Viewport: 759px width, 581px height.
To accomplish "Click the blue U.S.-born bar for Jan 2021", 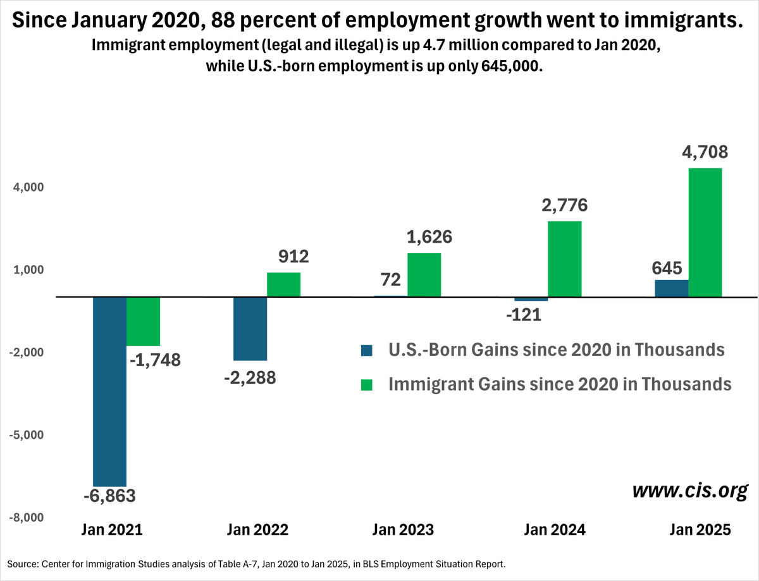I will tap(109, 391).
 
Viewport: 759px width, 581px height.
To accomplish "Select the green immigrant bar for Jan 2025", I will tap(705, 232).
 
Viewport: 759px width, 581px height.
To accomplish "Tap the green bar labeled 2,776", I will tap(564, 259).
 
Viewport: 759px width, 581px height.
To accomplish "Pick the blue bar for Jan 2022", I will tap(250, 328).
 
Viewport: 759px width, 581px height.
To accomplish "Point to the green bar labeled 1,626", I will tap(424, 274).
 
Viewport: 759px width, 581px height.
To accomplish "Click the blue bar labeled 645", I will tap(672, 288).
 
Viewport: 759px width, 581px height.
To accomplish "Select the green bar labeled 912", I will tap(283, 284).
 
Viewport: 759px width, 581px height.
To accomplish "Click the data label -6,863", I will tap(109, 496).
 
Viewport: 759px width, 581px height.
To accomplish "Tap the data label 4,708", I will tap(705, 153).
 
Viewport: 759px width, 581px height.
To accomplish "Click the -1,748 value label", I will tap(155, 360).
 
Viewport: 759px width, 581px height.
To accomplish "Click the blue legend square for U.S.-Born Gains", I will tap(367, 350).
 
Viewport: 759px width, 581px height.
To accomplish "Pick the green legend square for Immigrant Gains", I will tap(367, 384).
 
